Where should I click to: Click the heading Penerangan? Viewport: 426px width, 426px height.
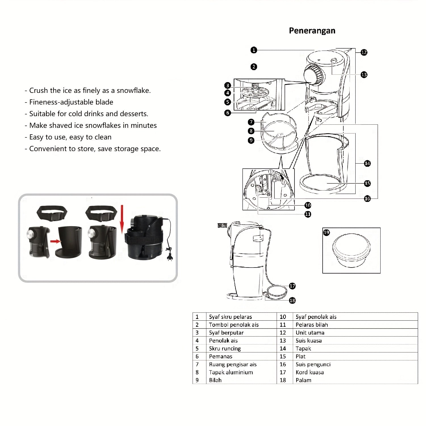click(312, 31)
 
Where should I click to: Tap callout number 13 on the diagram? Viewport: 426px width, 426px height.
click(364, 75)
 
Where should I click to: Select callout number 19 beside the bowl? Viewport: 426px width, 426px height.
click(327, 233)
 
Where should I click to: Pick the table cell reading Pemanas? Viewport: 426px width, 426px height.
click(221, 356)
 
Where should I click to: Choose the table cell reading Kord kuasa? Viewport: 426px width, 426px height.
click(310, 372)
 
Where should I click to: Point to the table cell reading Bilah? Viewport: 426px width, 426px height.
click(215, 380)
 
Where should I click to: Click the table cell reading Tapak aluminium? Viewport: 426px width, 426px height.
click(231, 372)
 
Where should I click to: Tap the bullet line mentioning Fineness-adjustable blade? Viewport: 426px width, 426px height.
click(71, 102)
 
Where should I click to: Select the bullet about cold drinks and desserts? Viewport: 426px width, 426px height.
click(89, 114)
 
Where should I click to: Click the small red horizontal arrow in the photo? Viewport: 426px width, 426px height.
click(56, 241)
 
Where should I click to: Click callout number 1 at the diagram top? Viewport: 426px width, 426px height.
click(254, 50)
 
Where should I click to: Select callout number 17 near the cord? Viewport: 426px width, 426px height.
click(292, 286)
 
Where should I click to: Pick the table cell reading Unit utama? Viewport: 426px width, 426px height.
click(310, 333)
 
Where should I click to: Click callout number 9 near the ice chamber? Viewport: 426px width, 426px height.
click(251, 140)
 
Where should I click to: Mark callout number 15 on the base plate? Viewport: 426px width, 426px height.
click(367, 183)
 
